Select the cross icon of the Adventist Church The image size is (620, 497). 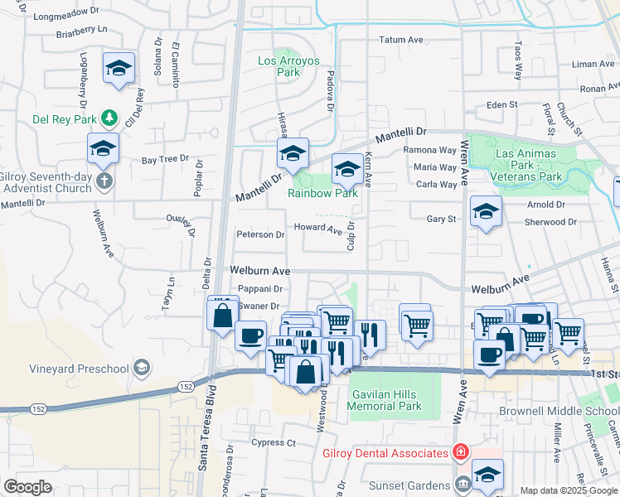104,181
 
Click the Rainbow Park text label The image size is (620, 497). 322,193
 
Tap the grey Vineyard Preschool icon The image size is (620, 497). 142,368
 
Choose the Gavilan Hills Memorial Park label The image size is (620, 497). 386,400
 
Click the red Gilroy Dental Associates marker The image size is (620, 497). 459,452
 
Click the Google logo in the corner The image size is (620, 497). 27,487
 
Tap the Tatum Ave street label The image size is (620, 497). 401,40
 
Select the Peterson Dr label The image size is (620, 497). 260,234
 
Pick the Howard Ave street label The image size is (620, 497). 317,229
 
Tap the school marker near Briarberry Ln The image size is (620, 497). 119,68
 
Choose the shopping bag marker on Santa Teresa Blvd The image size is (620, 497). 222,316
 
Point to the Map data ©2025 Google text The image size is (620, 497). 568,490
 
